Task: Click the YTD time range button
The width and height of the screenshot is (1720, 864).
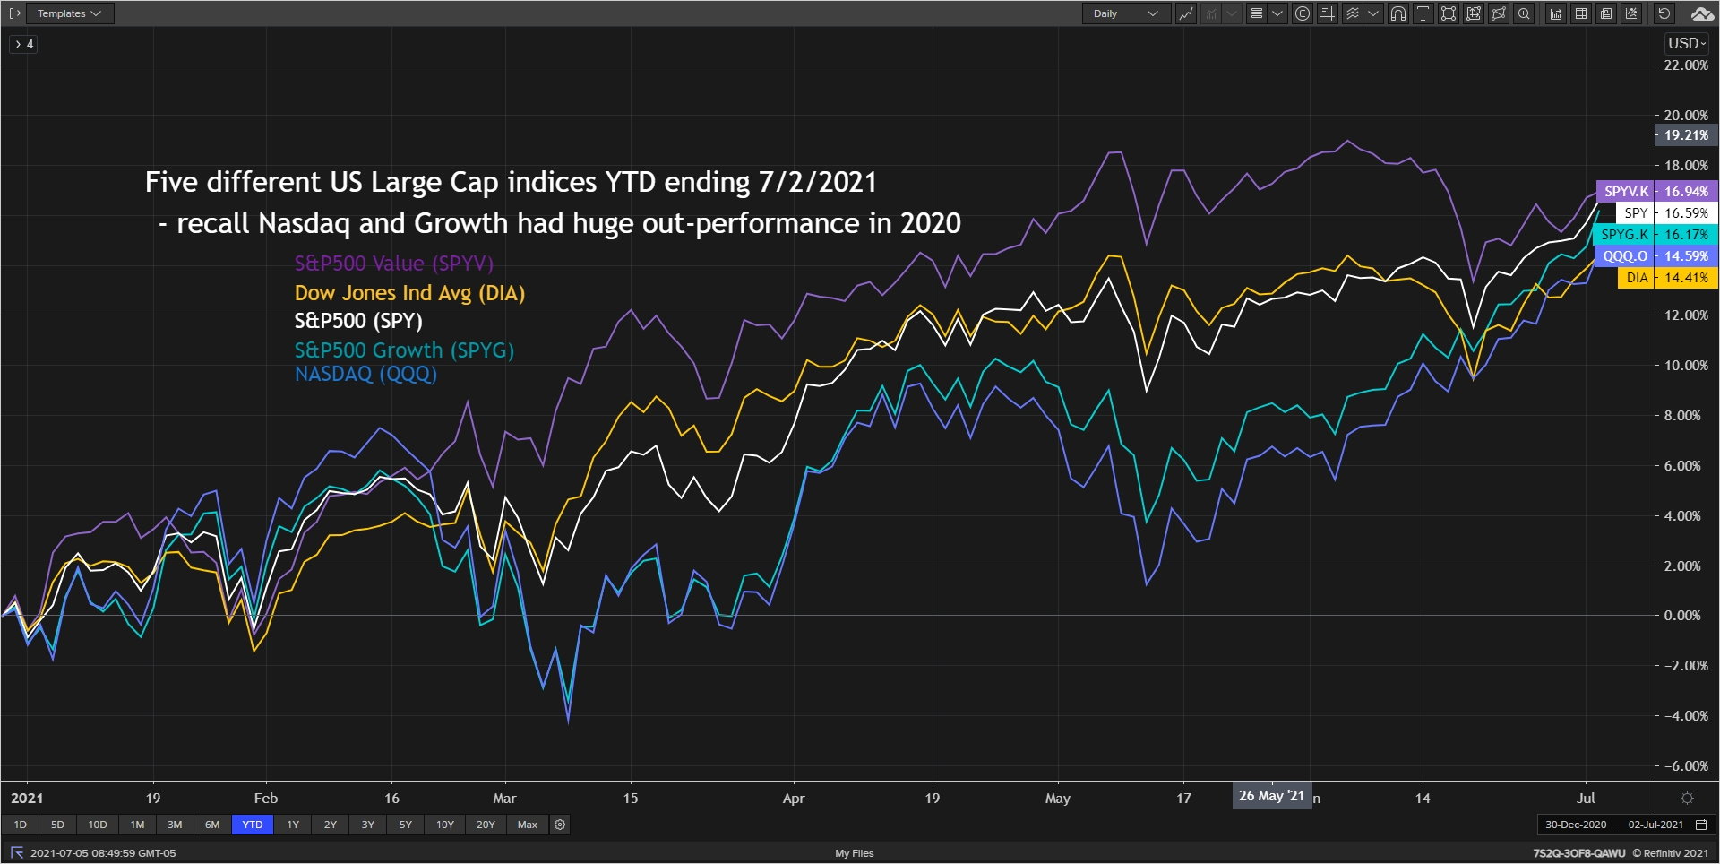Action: pos(253,825)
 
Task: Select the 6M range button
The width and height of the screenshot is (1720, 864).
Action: pos(212,825)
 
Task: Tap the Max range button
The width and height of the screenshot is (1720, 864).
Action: pos(528,825)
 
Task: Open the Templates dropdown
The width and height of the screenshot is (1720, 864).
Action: pos(69,13)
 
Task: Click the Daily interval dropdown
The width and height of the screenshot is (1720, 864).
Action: pos(1125,13)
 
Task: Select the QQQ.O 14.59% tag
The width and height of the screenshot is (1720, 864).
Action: pos(1655,256)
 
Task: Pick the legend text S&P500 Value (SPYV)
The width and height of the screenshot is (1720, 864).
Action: pos(394,264)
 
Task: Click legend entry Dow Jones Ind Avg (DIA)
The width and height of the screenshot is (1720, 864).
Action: pos(409,293)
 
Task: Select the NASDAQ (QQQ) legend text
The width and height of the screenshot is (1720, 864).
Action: pos(365,374)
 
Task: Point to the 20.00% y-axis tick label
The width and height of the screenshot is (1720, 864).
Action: pos(1686,116)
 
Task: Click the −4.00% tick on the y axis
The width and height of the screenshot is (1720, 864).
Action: pos(1686,716)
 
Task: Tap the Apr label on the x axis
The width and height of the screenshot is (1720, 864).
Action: pos(794,798)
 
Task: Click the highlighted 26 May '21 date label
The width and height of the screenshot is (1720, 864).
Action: pos(1271,796)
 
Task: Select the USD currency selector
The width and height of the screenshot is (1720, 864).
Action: pos(1686,43)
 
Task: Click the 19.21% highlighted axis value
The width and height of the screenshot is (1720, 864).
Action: pos(1686,135)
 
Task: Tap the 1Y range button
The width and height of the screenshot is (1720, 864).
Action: pos(293,825)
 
